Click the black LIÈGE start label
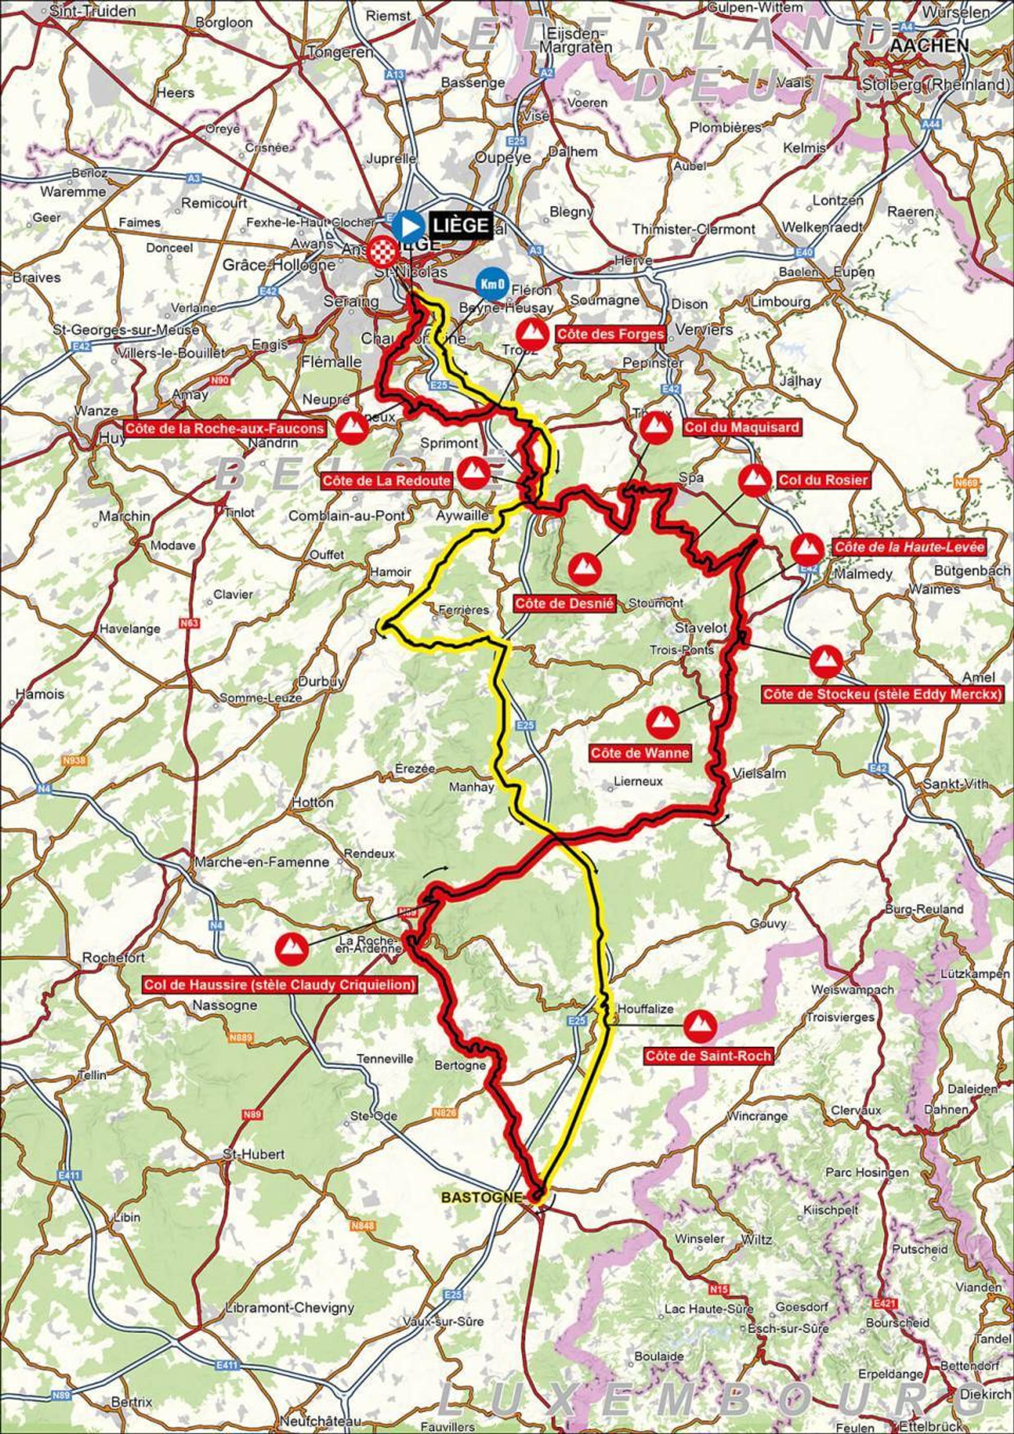[x=460, y=225]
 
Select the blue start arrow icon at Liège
[x=409, y=226]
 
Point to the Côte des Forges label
[x=610, y=334]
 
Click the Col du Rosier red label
[x=823, y=479]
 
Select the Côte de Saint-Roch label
[x=708, y=1056]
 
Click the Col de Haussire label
[x=280, y=986]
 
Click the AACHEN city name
[x=931, y=45]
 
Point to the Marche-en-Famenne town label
[x=262, y=862]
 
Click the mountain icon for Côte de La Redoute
[x=474, y=473]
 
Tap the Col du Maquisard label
[x=741, y=428]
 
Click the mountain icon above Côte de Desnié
[x=584, y=567]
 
